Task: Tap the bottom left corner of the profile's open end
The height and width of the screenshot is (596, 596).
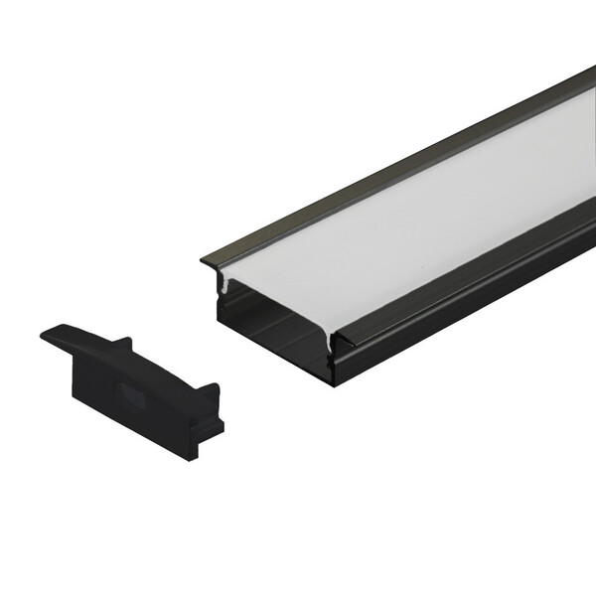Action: coord(220,319)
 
